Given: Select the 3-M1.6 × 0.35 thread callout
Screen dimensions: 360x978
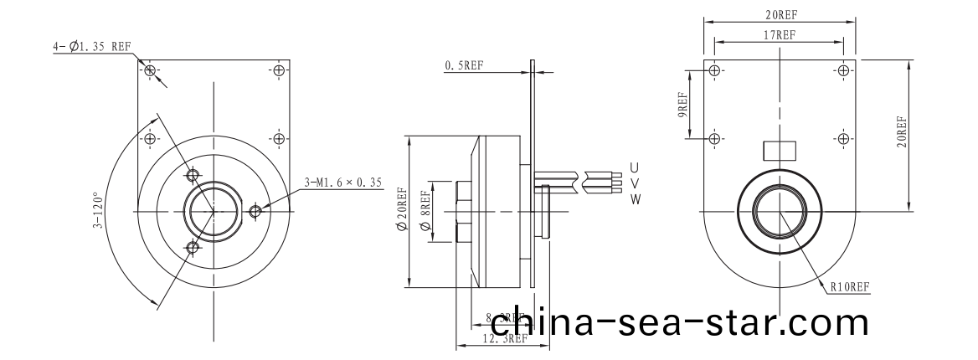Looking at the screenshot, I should (x=343, y=180).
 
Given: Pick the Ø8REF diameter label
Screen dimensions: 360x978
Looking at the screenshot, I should (x=425, y=209).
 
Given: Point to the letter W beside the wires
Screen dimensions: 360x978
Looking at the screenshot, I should (x=635, y=198).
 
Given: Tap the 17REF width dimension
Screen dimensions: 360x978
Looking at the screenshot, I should (x=780, y=35).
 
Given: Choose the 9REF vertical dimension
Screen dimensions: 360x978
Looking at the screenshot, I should (x=683, y=105).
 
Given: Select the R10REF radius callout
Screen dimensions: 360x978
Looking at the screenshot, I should (x=851, y=286).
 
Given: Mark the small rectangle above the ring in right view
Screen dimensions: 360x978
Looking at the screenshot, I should (x=779, y=150).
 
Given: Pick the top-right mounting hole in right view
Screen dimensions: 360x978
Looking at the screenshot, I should (x=843, y=70).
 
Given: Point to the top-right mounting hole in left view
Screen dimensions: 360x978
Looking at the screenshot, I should (x=278, y=70).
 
